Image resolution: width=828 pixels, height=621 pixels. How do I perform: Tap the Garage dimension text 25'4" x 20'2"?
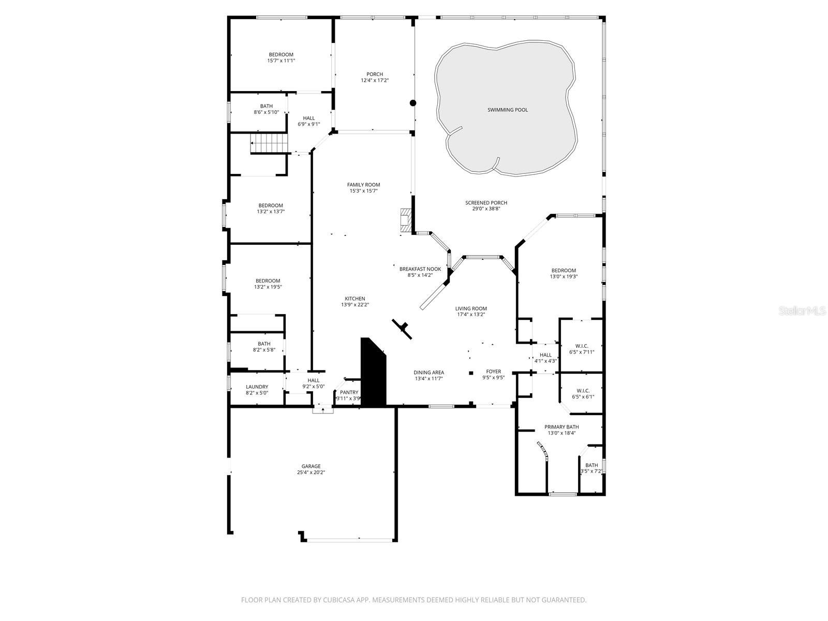coord(311,472)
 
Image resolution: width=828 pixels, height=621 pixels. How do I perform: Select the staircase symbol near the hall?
coord(269,143)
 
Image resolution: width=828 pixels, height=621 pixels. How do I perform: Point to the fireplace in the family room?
coord(405,220)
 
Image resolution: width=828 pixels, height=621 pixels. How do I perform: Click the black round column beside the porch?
coord(413,103)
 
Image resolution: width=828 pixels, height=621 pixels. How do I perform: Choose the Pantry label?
coord(349,392)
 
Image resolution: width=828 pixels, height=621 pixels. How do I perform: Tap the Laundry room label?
coord(257,387)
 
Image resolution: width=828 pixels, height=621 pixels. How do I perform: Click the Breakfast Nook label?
coord(420,269)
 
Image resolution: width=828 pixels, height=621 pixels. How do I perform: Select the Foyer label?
coord(493,372)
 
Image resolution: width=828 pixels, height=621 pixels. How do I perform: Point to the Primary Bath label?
coord(561,427)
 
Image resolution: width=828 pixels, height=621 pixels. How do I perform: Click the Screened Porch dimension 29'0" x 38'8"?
coord(486,209)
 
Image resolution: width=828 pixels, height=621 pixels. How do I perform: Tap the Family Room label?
coord(363,185)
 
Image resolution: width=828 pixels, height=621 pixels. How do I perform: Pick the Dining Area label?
coord(428,372)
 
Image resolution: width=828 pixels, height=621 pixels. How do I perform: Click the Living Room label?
coord(471,308)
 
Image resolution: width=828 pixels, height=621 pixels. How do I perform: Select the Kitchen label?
coord(355,299)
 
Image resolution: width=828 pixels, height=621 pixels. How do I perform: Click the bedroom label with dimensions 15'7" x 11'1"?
coord(281,54)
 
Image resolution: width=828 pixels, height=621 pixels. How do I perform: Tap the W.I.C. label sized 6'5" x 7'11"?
coord(582,346)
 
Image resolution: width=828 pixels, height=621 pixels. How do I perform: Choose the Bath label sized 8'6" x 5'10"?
coord(267,106)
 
